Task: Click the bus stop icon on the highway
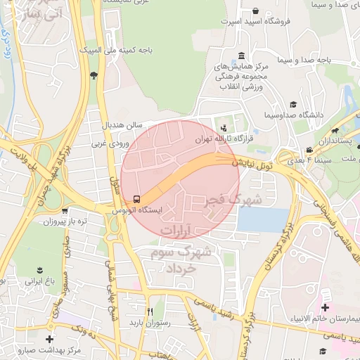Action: coord(136,198)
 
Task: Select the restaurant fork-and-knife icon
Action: coord(150,311)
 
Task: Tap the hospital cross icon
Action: coord(324,307)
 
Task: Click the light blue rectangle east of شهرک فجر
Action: coord(261,220)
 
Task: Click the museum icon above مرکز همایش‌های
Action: coord(241,56)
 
